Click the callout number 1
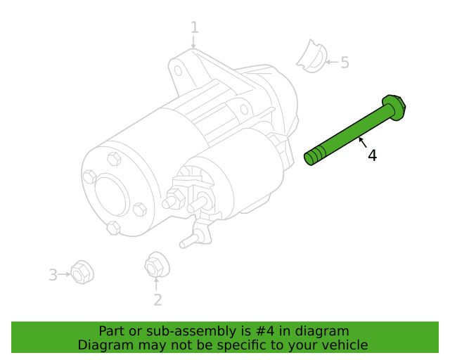[x=195, y=27]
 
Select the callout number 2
[x=157, y=300]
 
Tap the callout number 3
[x=53, y=275]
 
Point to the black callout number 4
[x=372, y=155]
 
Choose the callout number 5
[x=345, y=63]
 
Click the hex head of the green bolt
[x=394, y=107]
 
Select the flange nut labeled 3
[x=82, y=272]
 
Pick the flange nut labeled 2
[x=157, y=265]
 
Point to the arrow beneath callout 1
[x=194, y=42]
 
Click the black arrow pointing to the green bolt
[x=363, y=143]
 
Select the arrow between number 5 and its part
[x=332, y=62]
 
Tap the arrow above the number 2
[x=156, y=283]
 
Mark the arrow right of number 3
[x=64, y=274]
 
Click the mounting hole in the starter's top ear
[x=178, y=70]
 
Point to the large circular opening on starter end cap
[x=110, y=196]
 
